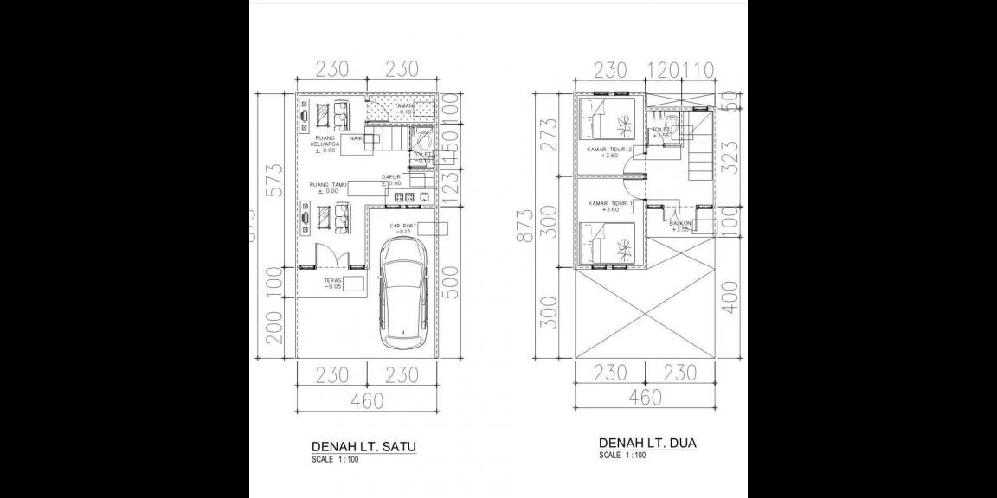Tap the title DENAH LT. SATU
(x=363, y=446)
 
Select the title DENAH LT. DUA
(x=647, y=444)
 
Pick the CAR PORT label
(x=403, y=228)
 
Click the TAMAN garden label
(x=404, y=108)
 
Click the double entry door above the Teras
(x=330, y=257)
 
